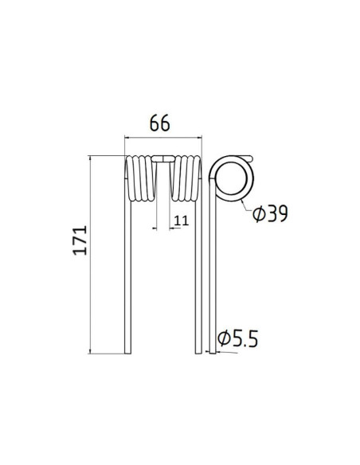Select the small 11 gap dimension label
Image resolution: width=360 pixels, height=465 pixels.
pyautogui.click(x=181, y=221)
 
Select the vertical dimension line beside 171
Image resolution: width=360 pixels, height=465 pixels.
pyautogui.click(x=93, y=255)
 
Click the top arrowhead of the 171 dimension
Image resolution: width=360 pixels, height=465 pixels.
pyautogui.click(x=93, y=159)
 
